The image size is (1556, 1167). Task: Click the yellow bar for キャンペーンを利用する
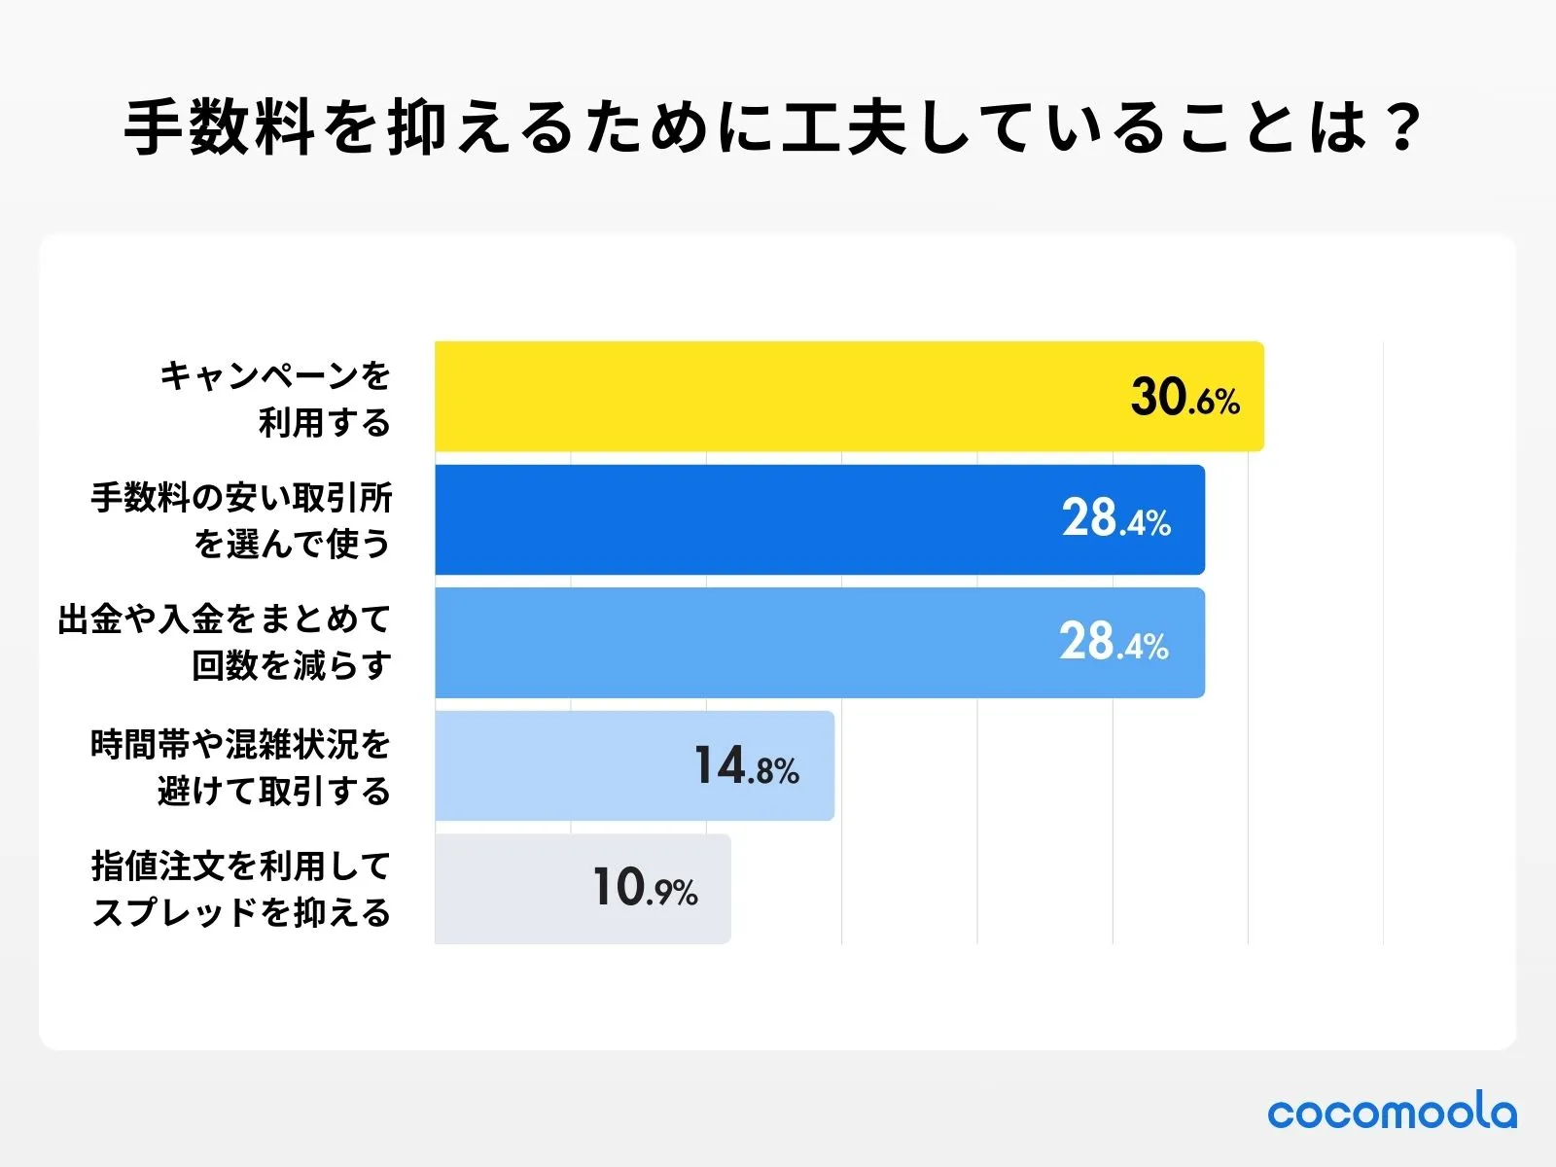tap(778, 397)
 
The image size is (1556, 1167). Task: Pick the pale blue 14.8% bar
tap(564, 765)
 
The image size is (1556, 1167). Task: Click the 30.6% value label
tap(1185, 398)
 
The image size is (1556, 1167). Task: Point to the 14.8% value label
tap(746, 766)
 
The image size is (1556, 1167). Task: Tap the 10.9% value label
tap(645, 889)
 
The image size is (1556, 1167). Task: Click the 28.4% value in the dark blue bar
tap(1115, 519)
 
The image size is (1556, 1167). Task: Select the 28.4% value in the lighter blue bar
tap(1114, 643)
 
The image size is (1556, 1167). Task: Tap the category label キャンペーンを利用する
tap(275, 398)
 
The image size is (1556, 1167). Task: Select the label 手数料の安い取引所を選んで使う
tap(241, 520)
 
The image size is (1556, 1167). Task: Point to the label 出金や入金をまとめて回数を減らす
tap(225, 643)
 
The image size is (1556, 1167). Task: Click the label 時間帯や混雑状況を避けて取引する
tap(241, 767)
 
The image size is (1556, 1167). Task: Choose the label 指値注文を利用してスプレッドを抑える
tap(241, 889)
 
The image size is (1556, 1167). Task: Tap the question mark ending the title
tap(1402, 127)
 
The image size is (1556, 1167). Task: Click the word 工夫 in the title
tap(846, 127)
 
